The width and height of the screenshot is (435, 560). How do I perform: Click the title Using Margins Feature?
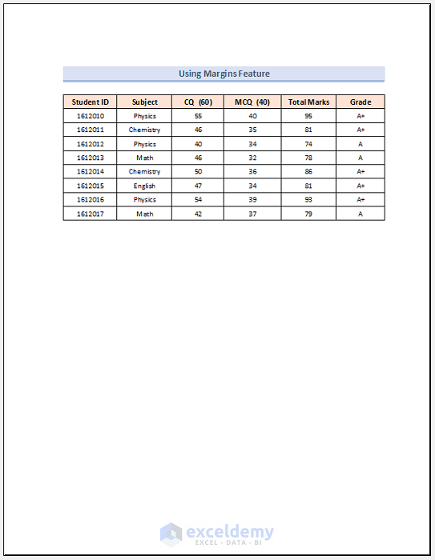(x=224, y=74)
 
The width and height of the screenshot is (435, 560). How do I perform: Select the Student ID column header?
(x=90, y=102)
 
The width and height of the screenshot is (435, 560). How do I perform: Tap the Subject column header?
(x=145, y=102)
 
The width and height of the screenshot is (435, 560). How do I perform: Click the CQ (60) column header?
(x=198, y=102)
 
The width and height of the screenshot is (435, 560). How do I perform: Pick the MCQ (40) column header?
(x=252, y=102)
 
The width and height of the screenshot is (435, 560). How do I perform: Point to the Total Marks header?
(x=308, y=102)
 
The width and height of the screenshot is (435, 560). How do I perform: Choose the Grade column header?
(x=360, y=102)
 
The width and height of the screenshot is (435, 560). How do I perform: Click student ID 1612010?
(x=90, y=116)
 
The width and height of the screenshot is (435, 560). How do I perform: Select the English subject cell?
(x=145, y=186)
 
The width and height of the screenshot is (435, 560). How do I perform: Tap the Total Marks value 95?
(x=308, y=116)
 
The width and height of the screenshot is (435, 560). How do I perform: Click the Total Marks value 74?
(x=308, y=144)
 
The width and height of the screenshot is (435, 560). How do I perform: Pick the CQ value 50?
(x=198, y=171)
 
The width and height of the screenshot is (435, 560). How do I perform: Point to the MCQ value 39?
(x=252, y=199)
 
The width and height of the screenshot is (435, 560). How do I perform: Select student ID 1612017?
(x=90, y=214)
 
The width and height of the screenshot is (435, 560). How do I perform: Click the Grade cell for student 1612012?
(x=360, y=144)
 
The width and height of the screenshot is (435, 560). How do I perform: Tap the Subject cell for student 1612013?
(x=145, y=158)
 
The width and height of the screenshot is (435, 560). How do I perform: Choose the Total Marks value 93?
(x=308, y=199)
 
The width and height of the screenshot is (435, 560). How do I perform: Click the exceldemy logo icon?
(x=171, y=534)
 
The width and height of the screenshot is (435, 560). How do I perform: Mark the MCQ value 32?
(x=252, y=158)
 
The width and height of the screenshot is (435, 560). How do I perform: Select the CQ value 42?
(x=198, y=214)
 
